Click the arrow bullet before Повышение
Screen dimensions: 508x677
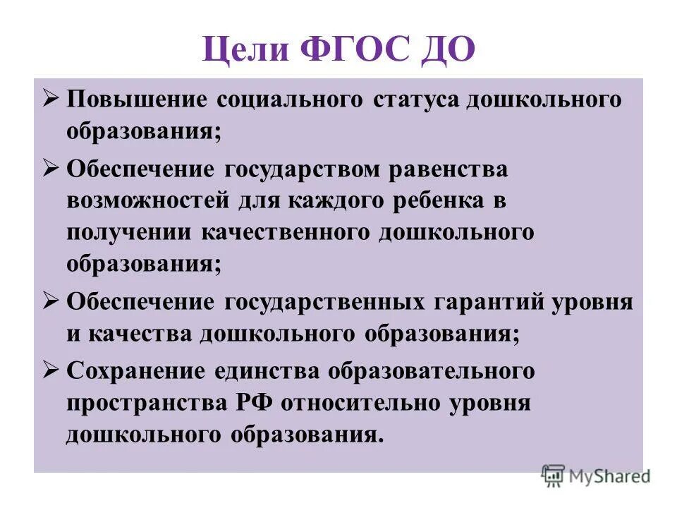click(51, 98)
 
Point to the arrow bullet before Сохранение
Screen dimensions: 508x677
click(51, 369)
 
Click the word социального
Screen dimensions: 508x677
click(291, 99)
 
